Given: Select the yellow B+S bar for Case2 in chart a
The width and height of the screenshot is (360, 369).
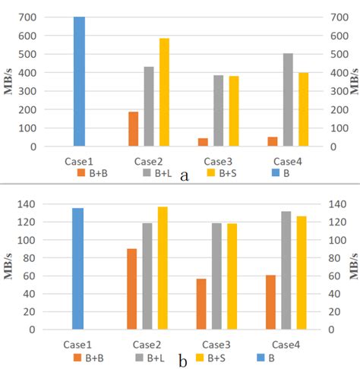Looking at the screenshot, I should tap(164, 92).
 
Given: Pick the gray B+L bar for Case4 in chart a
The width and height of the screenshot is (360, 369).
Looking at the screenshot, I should tap(288, 99).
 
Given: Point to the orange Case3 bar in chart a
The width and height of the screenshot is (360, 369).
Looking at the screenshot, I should tap(203, 142).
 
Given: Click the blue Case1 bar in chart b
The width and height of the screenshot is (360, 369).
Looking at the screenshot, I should tap(77, 269).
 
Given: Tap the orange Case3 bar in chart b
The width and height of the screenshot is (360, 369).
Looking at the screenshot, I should tap(202, 304).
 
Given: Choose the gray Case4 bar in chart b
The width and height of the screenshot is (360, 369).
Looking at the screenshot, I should tap(287, 270).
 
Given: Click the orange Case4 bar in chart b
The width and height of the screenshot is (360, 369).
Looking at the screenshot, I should tap(271, 302).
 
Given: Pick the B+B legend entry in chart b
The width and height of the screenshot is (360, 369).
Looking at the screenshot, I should tap(90, 357).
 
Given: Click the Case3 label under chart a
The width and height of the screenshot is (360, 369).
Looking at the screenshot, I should tap(218, 161).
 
